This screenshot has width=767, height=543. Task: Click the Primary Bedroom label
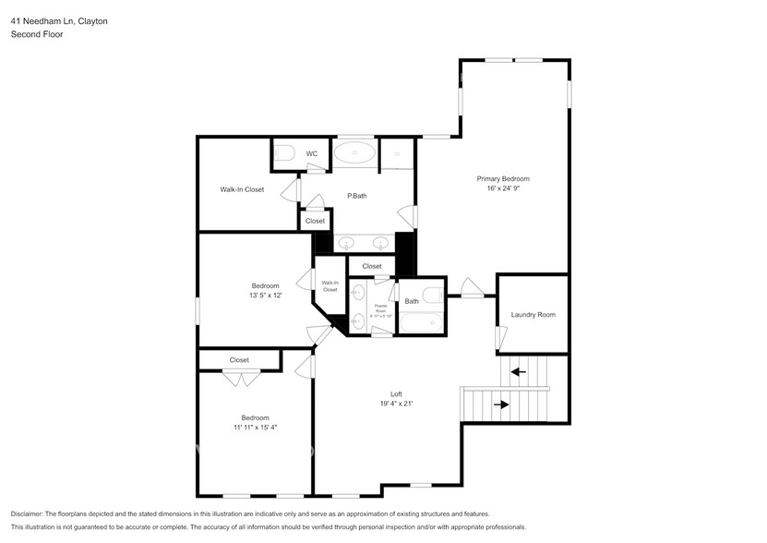pos(503,178)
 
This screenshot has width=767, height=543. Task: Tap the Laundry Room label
pos(533,315)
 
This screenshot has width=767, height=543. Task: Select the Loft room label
pos(396,394)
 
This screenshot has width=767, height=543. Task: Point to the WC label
pos(312,153)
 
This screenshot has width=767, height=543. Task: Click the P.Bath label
pos(357,196)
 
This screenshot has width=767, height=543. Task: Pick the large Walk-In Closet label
pos(242,189)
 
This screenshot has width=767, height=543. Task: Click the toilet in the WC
pos(284,153)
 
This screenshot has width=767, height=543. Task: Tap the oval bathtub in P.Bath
pos(354,152)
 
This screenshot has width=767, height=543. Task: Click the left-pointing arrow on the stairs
pos(519,372)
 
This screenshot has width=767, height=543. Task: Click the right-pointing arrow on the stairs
pos(501,404)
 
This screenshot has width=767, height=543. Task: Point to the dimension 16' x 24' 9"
pos(503,189)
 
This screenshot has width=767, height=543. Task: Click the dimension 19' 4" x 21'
pos(396,404)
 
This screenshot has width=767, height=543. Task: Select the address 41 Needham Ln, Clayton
pos(59,20)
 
